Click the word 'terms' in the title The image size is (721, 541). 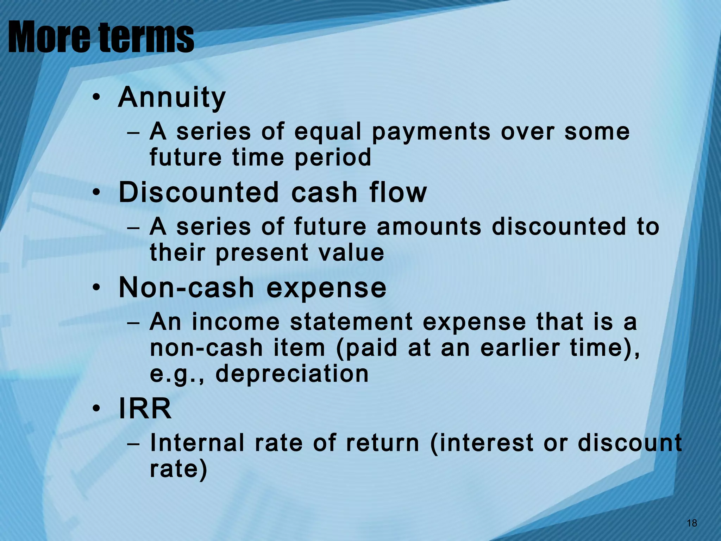pos(146,37)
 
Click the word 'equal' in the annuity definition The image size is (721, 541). pos(328,132)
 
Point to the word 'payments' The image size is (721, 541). pos(431,132)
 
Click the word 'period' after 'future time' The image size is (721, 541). pos(333,157)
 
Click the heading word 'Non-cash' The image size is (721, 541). pos(186,288)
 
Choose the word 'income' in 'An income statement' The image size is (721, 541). pos(236,322)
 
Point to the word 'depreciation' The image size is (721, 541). pos(292,374)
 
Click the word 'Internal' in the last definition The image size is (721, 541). pos(197,443)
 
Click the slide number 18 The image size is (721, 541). pos(692,523)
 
